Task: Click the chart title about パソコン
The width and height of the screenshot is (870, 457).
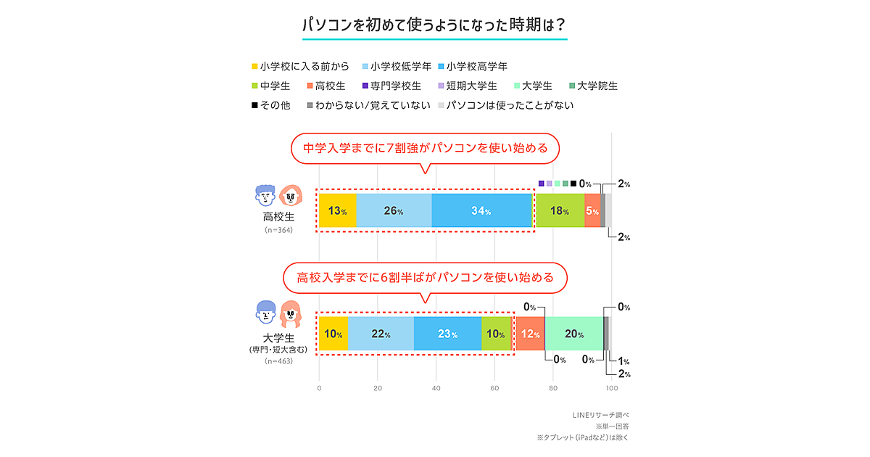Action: (434, 24)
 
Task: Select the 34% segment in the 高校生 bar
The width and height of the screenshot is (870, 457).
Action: (482, 211)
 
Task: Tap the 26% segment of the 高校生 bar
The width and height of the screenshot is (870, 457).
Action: (394, 211)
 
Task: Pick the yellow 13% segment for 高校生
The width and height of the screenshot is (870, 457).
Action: (337, 211)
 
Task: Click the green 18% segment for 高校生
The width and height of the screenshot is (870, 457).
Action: (560, 211)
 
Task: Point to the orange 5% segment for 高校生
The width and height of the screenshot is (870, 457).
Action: (592, 211)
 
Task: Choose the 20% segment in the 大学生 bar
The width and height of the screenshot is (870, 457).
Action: (574, 334)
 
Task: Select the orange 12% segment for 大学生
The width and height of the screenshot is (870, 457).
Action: (530, 334)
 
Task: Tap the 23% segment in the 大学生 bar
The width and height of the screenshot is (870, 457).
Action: (447, 334)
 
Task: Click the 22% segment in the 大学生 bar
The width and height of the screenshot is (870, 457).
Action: (381, 334)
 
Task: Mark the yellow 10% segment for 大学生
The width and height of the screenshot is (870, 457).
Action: (333, 334)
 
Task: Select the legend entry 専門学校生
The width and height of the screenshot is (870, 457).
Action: (396, 86)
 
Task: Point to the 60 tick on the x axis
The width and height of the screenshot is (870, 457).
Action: (494, 388)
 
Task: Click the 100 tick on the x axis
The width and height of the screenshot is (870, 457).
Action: (611, 388)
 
